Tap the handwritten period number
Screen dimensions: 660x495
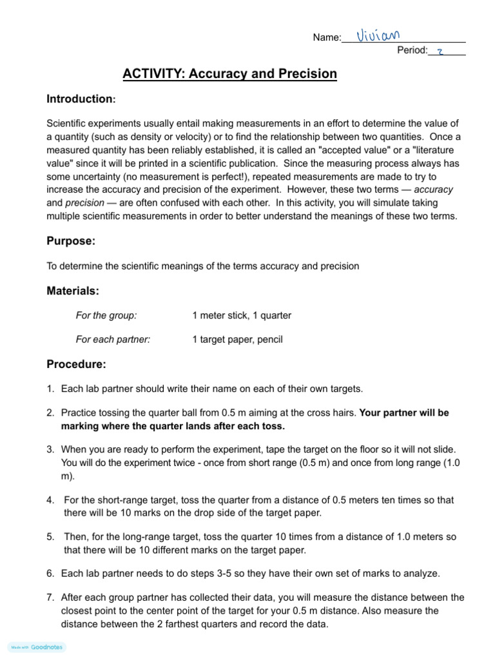coord(440,52)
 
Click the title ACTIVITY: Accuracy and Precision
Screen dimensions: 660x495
coord(229,74)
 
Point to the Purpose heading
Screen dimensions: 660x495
coord(71,241)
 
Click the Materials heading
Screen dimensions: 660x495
coord(73,291)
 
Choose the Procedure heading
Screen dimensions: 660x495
coord(76,365)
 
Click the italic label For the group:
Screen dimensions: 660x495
coord(106,316)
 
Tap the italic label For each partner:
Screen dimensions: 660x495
coord(113,340)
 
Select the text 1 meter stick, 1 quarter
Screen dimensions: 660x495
coord(242,316)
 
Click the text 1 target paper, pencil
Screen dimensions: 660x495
coord(237,340)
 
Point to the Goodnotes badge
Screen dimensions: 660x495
coord(37,647)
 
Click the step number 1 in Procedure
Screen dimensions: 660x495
coord(50,389)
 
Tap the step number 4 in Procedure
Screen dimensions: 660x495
coord(50,500)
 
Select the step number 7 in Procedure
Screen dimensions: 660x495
coord(50,598)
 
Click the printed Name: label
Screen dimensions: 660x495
coord(327,38)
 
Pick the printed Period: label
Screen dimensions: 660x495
coord(412,51)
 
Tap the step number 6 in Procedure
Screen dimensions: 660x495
coord(50,574)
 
